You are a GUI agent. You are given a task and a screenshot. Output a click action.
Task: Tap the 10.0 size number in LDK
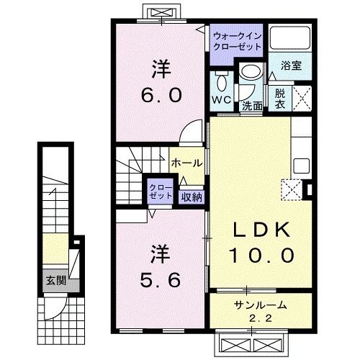coord(262,254)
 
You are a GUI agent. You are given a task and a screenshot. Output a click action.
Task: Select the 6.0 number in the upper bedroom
coord(162,94)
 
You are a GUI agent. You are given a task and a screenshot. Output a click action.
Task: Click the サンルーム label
coord(261,304)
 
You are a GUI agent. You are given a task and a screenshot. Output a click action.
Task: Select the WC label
coord(221,99)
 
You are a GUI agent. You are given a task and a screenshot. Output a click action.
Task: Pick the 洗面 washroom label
coord(251,106)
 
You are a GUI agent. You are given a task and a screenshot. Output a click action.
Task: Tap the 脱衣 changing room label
coord(280,99)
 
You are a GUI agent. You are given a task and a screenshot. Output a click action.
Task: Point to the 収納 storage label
coord(191,195)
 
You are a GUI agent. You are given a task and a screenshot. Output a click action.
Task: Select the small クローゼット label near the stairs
coord(160,192)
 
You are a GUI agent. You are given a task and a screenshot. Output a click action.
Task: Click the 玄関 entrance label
coord(53,281)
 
